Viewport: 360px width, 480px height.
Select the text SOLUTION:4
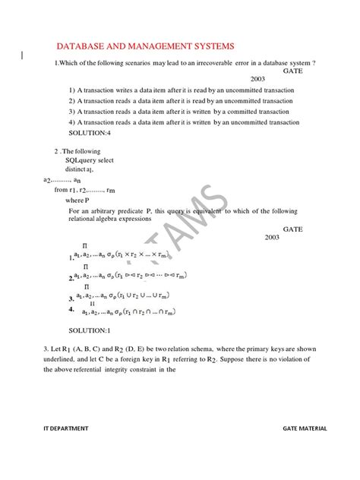(90, 133)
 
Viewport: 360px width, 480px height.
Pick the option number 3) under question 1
(71, 111)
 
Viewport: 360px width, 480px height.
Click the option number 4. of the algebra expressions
(71, 310)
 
